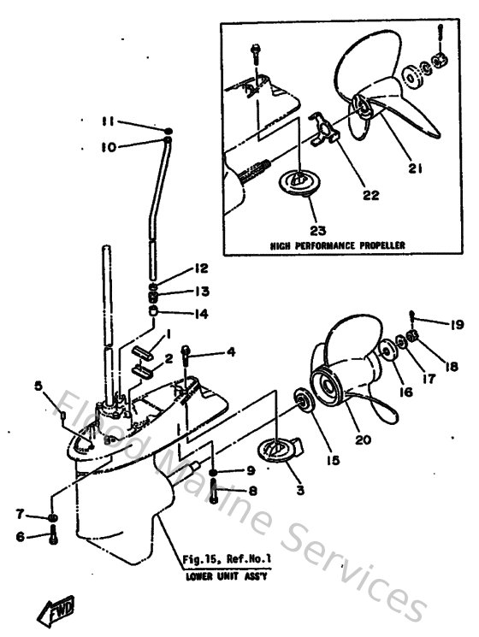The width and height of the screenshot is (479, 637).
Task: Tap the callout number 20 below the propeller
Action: [362, 440]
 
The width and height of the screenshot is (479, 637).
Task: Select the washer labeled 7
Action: [53, 518]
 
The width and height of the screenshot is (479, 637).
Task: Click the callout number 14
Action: [199, 314]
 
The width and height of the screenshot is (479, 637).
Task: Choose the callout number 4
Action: [230, 352]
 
